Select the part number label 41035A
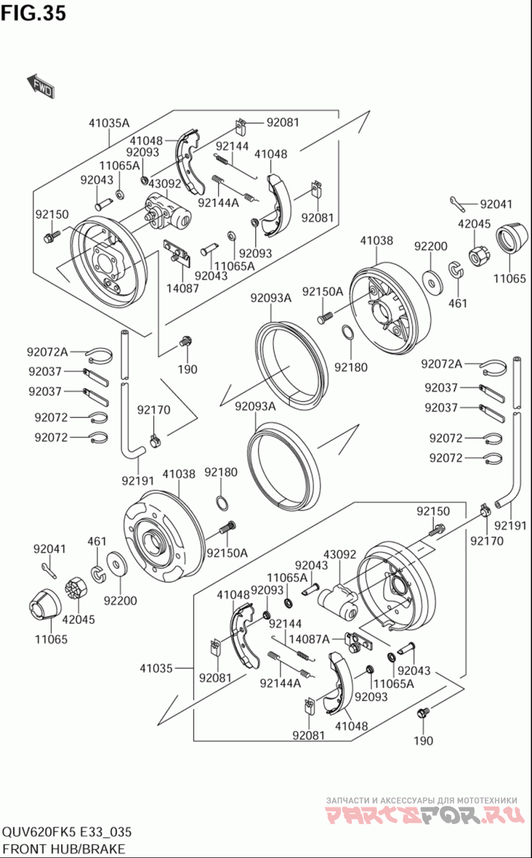click(x=109, y=123)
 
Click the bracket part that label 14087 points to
click(x=176, y=251)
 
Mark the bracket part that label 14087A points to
click(x=358, y=642)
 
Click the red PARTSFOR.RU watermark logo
click(x=421, y=814)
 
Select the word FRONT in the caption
click(x=24, y=849)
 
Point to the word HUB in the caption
click(x=63, y=849)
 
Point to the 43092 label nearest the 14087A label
click(x=340, y=554)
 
